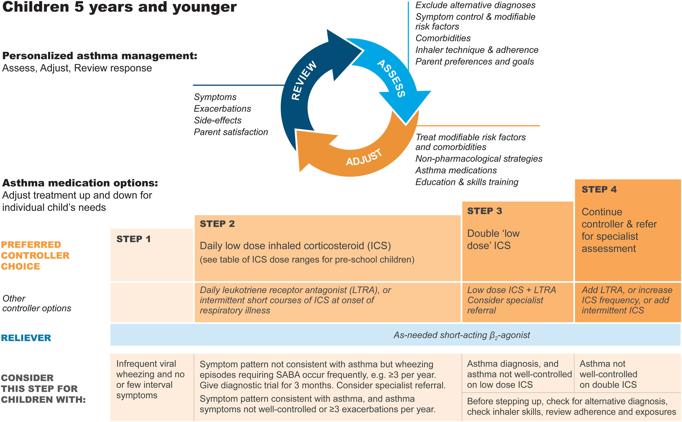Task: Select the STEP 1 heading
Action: point(133,239)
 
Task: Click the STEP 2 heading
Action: point(217,224)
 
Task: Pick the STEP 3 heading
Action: point(484,211)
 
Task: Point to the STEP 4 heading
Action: point(599,189)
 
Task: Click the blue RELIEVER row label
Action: point(26,338)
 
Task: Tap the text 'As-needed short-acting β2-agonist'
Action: point(461,335)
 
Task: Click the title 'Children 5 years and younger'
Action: point(119,7)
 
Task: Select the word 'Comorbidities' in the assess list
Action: point(443,38)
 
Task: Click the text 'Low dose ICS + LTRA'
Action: point(511,290)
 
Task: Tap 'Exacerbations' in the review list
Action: point(222,108)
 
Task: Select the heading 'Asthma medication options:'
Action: point(80,183)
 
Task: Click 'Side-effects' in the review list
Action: point(218,120)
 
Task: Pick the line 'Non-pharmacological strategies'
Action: point(479,158)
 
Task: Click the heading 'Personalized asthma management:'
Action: point(100,56)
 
